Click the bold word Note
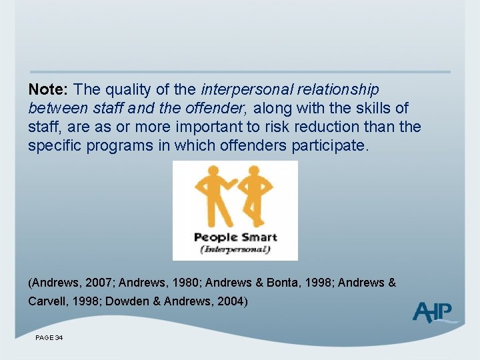tap(49, 89)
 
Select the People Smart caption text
tap(235, 237)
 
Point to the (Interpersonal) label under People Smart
tap(235, 249)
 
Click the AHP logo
tap(433, 312)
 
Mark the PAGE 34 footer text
tap(49, 339)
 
